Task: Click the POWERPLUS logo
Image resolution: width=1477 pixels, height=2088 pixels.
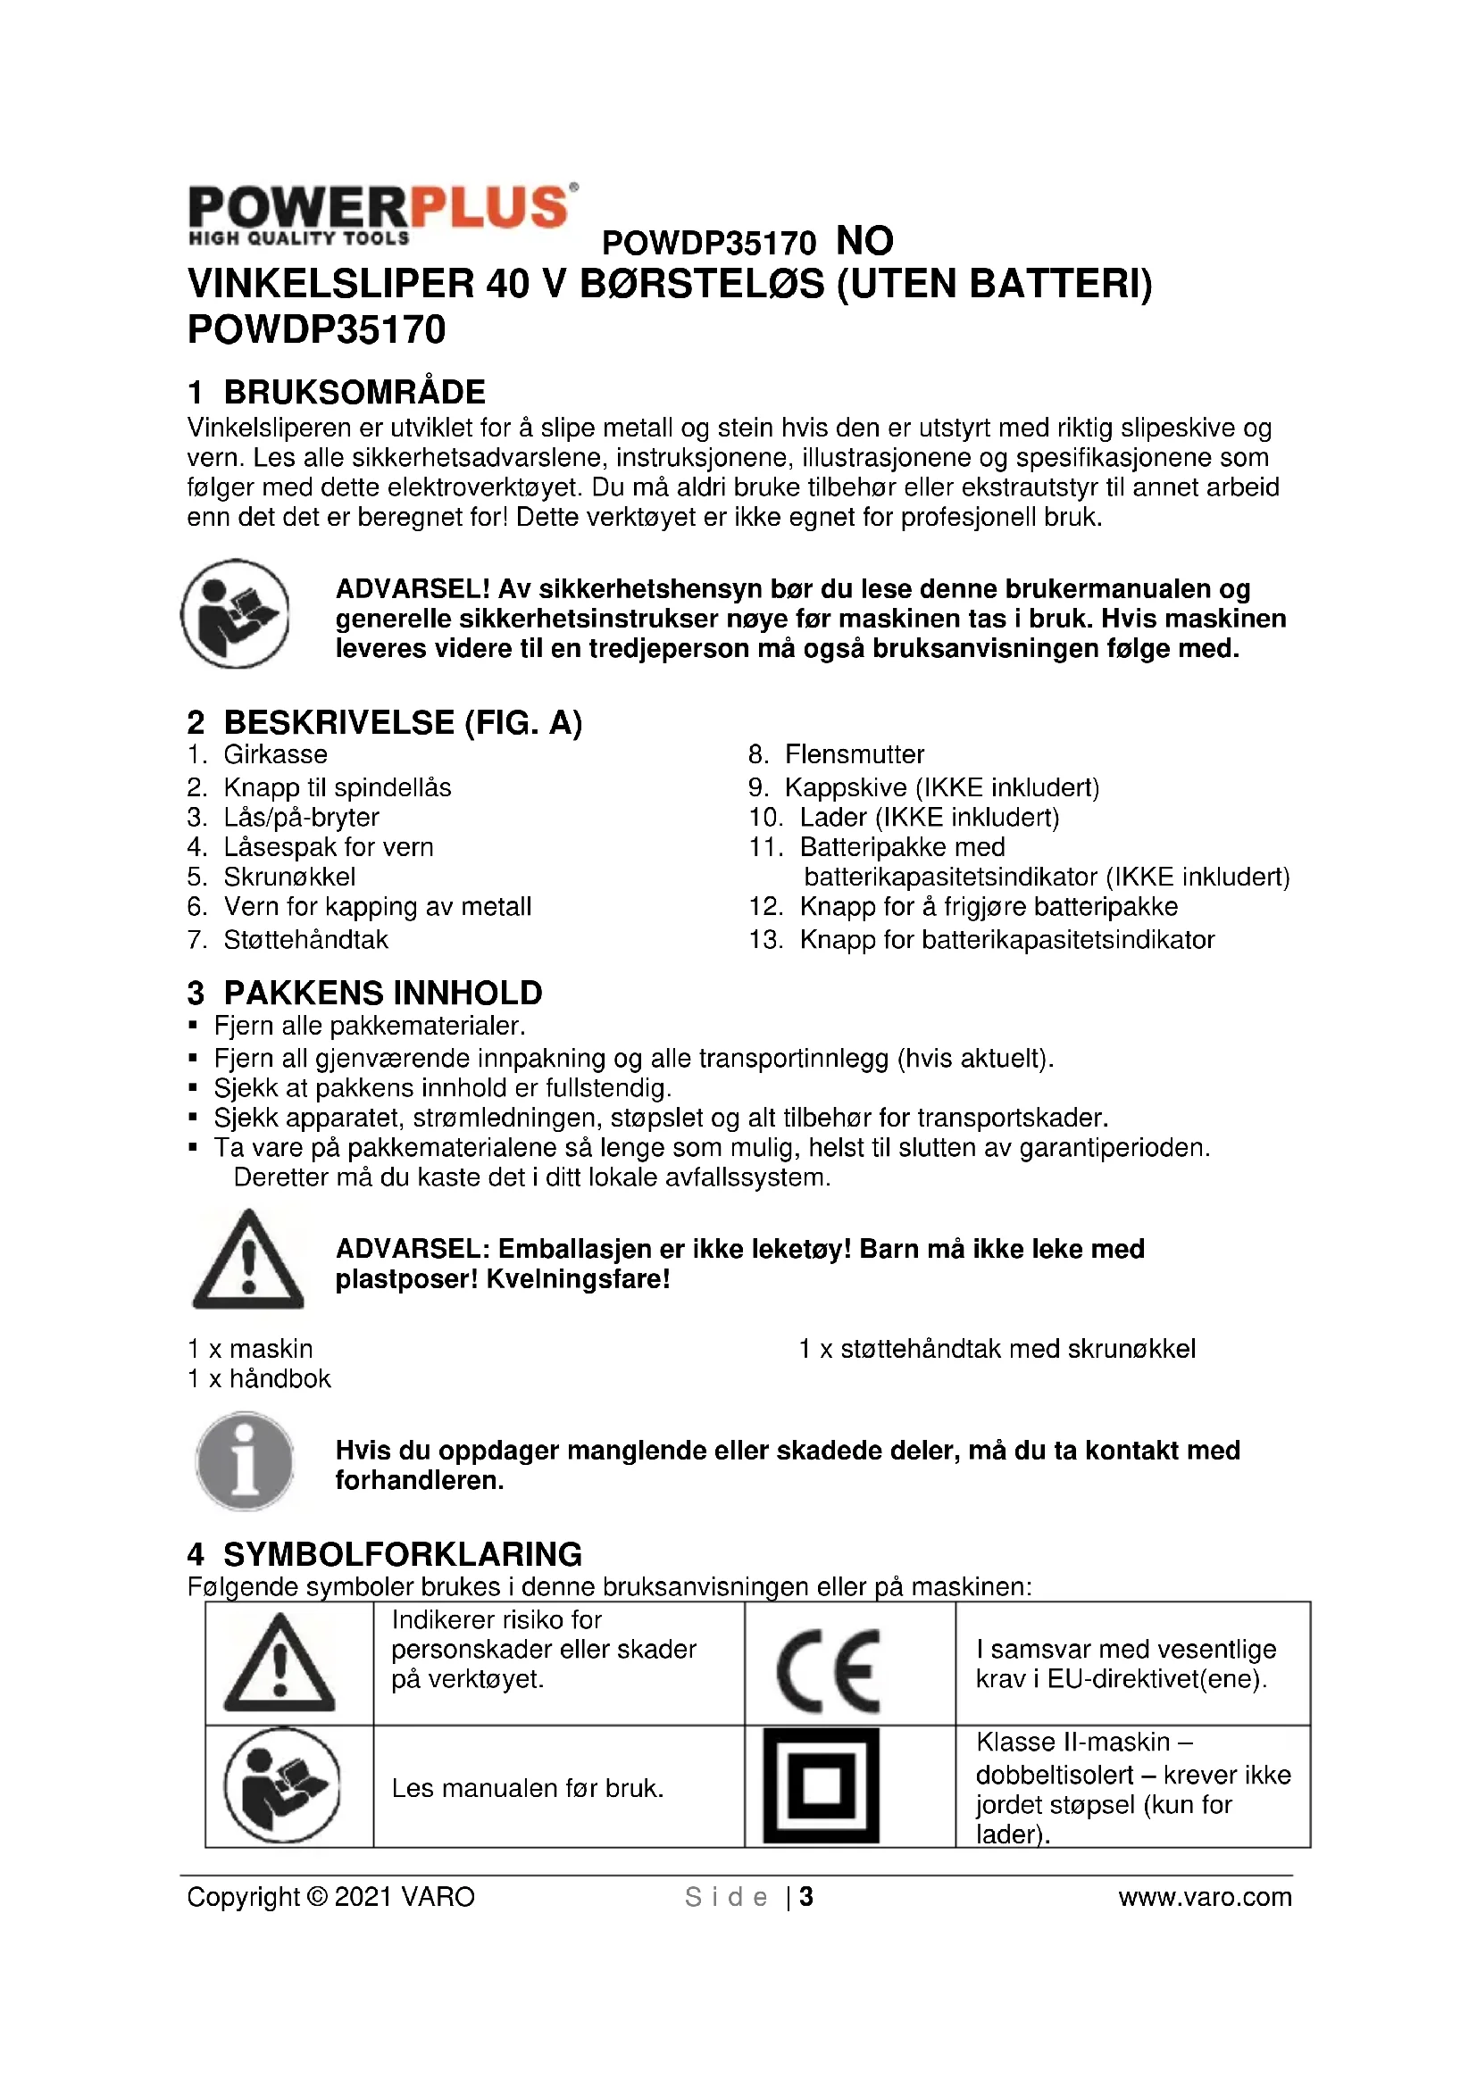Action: pyautogui.click(x=382, y=214)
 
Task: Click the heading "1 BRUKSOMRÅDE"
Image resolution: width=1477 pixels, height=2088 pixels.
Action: pyautogui.click(x=337, y=392)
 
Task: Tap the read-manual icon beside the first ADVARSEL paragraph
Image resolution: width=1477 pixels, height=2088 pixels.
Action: pyautogui.click(x=236, y=614)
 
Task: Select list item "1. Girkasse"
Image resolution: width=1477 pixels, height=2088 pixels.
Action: pyautogui.click(x=257, y=754)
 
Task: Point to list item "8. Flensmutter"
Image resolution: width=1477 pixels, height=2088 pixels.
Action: pyautogui.click(x=836, y=754)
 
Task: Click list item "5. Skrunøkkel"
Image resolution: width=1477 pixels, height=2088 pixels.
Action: pyautogui.click(x=271, y=877)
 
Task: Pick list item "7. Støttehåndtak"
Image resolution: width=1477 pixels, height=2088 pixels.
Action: pyautogui.click(x=288, y=939)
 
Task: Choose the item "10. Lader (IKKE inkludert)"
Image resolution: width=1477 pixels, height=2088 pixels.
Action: pyautogui.click(x=904, y=818)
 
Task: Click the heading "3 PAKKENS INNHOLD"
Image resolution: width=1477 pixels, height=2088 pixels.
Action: pyautogui.click(x=364, y=993)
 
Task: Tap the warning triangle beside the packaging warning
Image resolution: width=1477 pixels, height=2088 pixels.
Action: pyautogui.click(x=247, y=1261)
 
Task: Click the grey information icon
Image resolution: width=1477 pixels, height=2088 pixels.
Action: pyautogui.click(x=245, y=1461)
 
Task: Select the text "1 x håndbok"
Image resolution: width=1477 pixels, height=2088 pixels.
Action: pyautogui.click(x=259, y=1378)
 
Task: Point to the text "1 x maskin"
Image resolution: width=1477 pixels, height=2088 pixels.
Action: pyautogui.click(x=250, y=1349)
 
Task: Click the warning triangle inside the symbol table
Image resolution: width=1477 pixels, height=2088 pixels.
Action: pyautogui.click(x=280, y=1664)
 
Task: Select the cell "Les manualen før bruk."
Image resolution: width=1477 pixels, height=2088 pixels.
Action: pyautogui.click(x=528, y=1788)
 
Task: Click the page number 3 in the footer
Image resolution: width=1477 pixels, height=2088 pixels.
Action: pyautogui.click(x=805, y=1897)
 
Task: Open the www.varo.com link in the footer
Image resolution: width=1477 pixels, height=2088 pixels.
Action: pyautogui.click(x=1204, y=1897)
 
